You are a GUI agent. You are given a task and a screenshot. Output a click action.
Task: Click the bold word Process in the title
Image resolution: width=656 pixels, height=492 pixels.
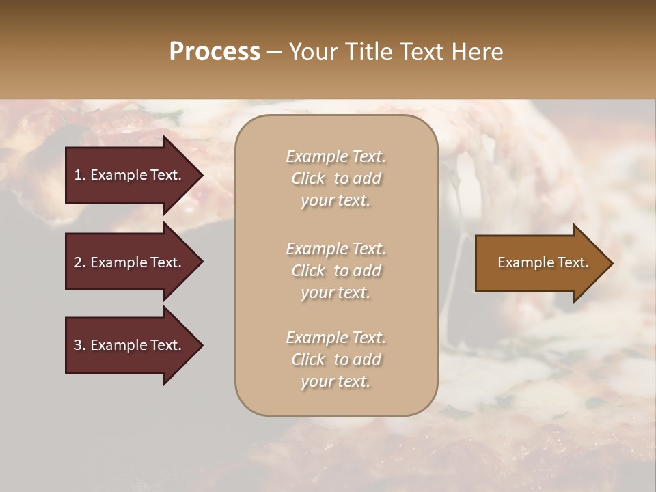(x=215, y=52)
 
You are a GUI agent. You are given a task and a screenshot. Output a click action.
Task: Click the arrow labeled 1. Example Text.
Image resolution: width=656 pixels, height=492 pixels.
(x=133, y=175)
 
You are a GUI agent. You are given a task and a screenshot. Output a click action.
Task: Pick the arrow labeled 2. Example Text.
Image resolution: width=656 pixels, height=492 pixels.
(x=133, y=262)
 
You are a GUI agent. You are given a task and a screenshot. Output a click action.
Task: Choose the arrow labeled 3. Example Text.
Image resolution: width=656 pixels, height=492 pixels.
(x=133, y=345)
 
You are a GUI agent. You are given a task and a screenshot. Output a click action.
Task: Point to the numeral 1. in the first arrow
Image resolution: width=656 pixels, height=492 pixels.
(x=80, y=175)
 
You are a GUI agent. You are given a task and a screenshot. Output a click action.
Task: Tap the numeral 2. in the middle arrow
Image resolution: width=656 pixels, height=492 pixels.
(x=80, y=262)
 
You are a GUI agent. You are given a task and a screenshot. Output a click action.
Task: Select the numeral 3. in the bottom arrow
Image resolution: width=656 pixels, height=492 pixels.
(x=80, y=345)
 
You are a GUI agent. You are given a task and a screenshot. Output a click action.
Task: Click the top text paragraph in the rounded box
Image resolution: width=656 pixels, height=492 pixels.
(x=336, y=178)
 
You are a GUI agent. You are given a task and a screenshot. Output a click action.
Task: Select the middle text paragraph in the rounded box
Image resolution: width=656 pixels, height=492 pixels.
(x=336, y=271)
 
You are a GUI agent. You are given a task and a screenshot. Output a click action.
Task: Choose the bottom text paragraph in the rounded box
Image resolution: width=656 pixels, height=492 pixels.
(x=336, y=359)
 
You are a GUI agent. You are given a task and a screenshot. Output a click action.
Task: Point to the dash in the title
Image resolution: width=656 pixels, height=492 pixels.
(x=274, y=53)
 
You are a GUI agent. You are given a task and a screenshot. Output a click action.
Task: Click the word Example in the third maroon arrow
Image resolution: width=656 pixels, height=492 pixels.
(x=120, y=345)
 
